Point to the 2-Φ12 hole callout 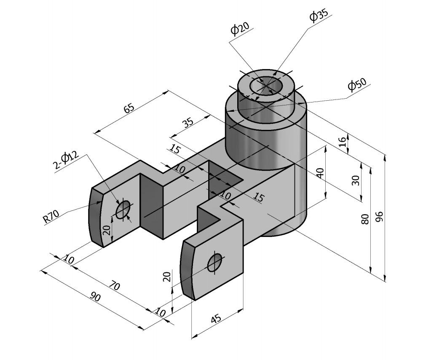[66, 160]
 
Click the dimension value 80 [365, 218]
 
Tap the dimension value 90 [96, 297]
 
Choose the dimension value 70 [114, 286]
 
